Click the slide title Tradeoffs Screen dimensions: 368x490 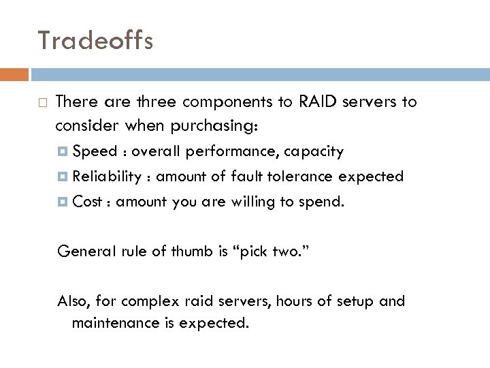(96, 41)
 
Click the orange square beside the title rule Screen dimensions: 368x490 (19, 74)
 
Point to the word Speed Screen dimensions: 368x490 (95, 151)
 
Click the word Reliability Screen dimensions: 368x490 (108, 177)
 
